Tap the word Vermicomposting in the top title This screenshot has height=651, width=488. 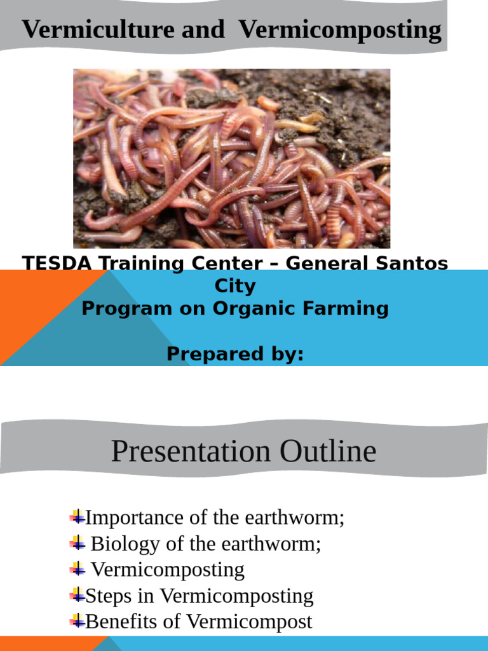click(x=341, y=30)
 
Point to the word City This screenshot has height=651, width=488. click(x=235, y=285)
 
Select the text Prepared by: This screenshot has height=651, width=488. click(x=235, y=354)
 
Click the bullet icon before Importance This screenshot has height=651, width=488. click(x=78, y=516)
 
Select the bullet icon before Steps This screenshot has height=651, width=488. click(x=78, y=595)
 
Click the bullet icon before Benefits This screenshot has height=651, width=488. click(x=78, y=621)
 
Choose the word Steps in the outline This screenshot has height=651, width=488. click(x=105, y=596)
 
